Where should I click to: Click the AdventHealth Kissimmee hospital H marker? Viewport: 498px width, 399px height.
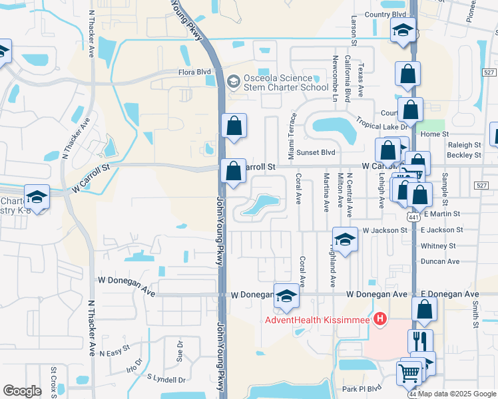pyautogui.click(x=380, y=320)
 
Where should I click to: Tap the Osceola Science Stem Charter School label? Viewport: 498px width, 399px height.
pyautogui.click(x=277, y=82)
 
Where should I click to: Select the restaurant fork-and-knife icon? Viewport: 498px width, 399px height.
pyautogui.click(x=420, y=342)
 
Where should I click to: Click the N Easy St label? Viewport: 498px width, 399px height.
pyautogui.click(x=115, y=352)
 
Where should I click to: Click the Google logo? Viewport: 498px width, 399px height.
pyautogui.click(x=22, y=391)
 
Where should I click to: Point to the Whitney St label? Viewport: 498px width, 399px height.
pyautogui.click(x=437, y=245)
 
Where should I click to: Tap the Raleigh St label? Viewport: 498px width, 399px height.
pyautogui.click(x=465, y=144)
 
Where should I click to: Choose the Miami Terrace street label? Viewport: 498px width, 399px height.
pyautogui.click(x=291, y=134)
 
